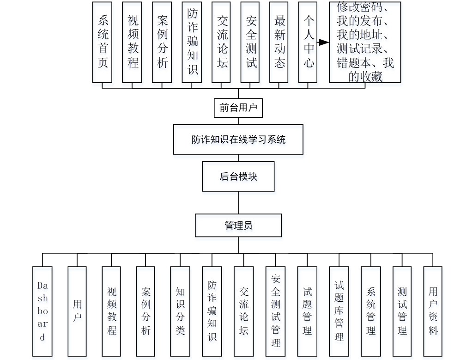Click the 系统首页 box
(102, 42)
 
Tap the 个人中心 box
(309, 42)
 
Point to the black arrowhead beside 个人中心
(323, 43)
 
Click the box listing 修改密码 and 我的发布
(364, 42)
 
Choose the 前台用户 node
(238, 108)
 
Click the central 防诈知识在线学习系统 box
(238, 139)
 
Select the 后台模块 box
(238, 176)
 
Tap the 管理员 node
(238, 226)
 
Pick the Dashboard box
(42, 311)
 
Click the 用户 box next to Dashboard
(77, 311)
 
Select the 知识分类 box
(180, 311)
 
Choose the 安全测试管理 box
(275, 311)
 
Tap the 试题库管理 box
(339, 311)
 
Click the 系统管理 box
(371, 311)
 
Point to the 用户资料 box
(433, 311)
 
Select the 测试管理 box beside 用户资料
(402, 311)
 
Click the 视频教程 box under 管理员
(111, 311)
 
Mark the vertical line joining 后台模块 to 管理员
(238, 202)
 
